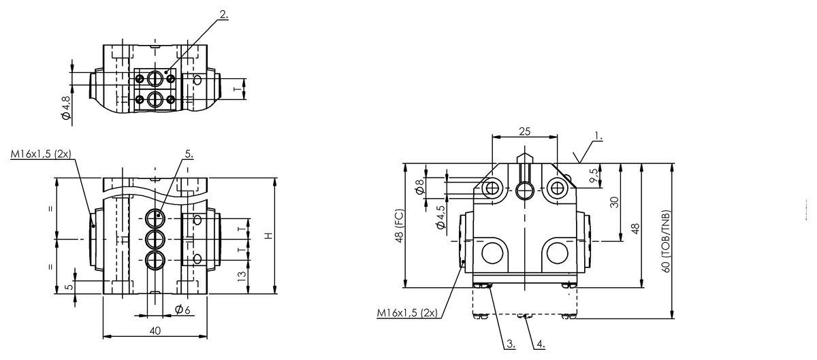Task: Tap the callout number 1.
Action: click(597, 137)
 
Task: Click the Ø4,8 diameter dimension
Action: click(66, 108)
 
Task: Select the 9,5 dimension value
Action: click(596, 176)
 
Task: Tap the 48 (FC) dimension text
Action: click(399, 226)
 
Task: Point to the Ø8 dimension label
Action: click(420, 186)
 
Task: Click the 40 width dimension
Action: click(155, 330)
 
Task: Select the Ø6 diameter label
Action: click(182, 310)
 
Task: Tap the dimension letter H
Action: click(268, 235)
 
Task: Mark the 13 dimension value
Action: click(240, 276)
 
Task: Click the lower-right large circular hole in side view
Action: click(557, 254)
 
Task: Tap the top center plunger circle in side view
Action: click(524, 191)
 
